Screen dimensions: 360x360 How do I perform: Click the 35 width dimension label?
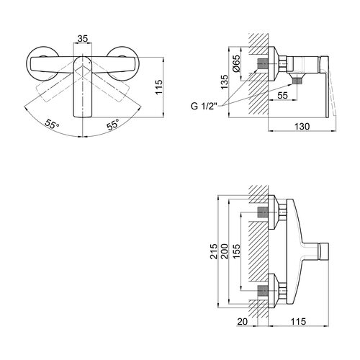click(83, 38)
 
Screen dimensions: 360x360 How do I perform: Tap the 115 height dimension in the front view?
click(158, 87)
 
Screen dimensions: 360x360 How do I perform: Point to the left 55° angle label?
click(52, 124)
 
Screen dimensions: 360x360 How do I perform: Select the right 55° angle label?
click(113, 125)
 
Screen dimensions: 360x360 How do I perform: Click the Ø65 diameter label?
click(236, 63)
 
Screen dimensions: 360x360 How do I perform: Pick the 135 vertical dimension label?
click(225, 82)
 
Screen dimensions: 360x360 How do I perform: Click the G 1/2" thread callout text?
click(204, 106)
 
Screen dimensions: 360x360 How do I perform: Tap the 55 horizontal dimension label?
click(282, 95)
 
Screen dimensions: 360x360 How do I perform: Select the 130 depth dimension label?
click(302, 126)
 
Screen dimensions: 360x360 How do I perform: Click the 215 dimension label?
click(214, 251)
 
